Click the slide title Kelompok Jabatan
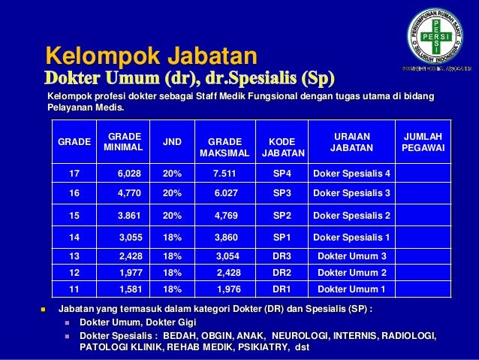(x=152, y=55)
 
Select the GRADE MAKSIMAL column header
(x=224, y=147)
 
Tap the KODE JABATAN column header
(x=282, y=147)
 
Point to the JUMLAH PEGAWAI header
(x=423, y=142)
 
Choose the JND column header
(x=173, y=141)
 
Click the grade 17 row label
(x=74, y=174)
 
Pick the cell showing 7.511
(x=225, y=174)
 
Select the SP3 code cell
(x=282, y=193)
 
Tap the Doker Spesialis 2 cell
(x=351, y=216)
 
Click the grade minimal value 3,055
(x=131, y=237)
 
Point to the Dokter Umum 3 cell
(x=352, y=256)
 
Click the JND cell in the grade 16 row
(x=172, y=193)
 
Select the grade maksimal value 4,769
(x=225, y=216)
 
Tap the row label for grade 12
(x=74, y=273)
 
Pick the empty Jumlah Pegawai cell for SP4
(x=423, y=174)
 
